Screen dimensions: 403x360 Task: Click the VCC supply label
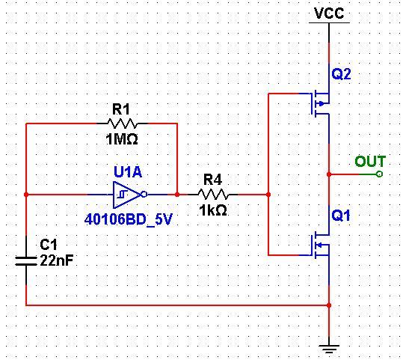(x=329, y=13)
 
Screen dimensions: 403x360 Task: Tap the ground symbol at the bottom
(x=329, y=350)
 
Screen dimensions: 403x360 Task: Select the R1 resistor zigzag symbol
(x=123, y=123)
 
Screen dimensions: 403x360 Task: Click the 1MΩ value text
(x=122, y=139)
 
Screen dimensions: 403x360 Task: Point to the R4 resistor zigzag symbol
(x=213, y=195)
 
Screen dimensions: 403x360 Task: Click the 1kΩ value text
(x=213, y=210)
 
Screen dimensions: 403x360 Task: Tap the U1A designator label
(x=128, y=172)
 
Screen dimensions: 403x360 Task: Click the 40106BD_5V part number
(x=129, y=220)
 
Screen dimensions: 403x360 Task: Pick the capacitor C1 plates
(x=26, y=261)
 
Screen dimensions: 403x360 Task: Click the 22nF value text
(x=57, y=260)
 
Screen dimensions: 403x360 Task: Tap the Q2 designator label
(x=341, y=74)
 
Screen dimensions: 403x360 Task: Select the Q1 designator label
(x=341, y=215)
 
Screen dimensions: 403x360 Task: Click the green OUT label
(x=370, y=162)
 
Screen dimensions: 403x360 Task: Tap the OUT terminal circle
(x=379, y=174)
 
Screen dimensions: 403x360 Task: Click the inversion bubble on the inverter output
(x=144, y=195)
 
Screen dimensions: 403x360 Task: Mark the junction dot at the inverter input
(x=26, y=195)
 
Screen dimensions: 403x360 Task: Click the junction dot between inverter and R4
(x=177, y=195)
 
